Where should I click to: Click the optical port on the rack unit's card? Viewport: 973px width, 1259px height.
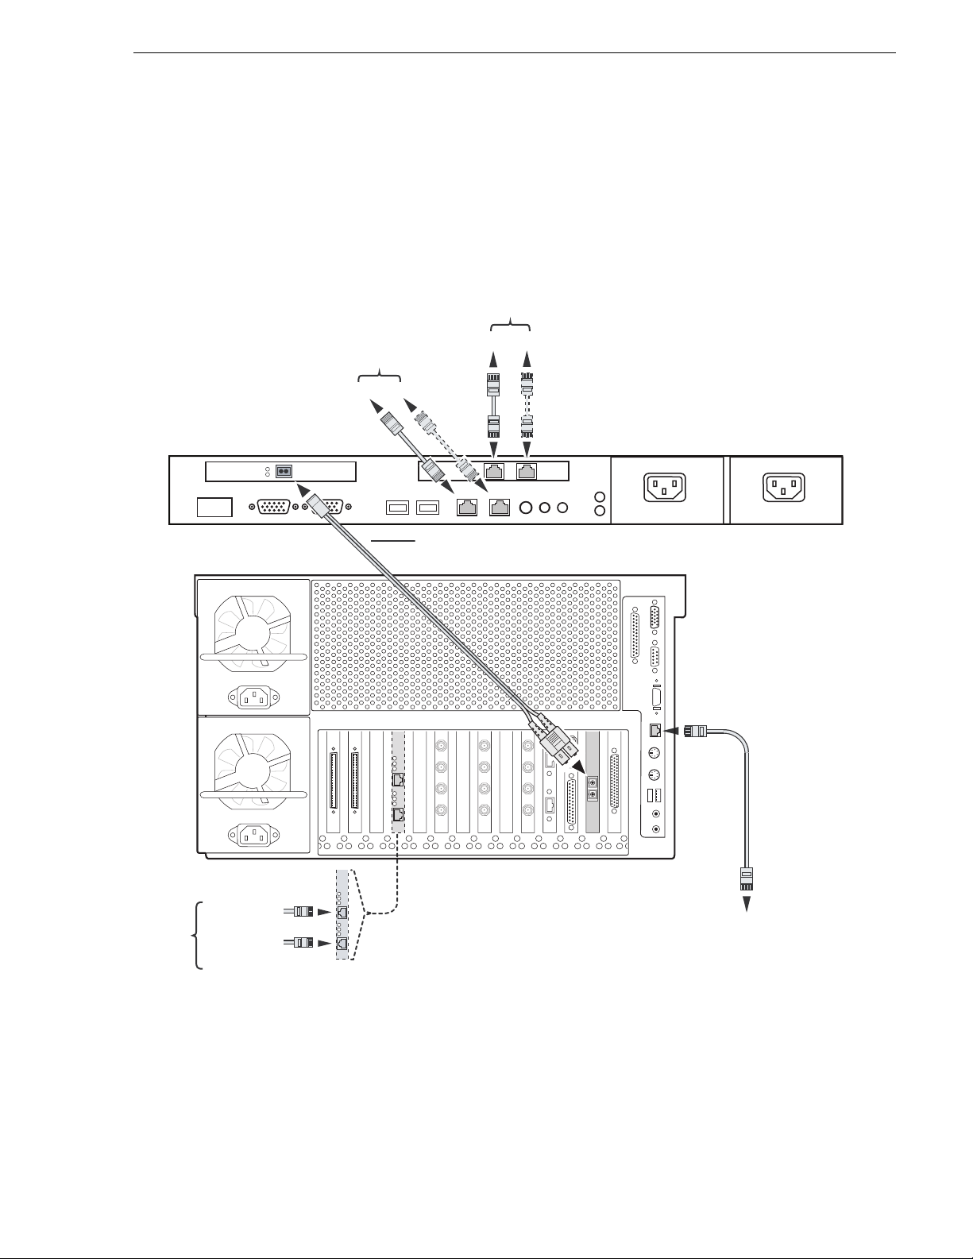pos(283,472)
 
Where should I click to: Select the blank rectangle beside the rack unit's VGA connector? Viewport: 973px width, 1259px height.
pos(214,507)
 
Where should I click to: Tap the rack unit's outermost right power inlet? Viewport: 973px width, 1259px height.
pos(783,487)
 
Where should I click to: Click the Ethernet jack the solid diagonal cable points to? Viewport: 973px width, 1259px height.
pos(467,506)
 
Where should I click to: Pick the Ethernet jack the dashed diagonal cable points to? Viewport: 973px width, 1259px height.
pos(500,506)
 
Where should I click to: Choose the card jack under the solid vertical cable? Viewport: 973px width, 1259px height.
pos(493,472)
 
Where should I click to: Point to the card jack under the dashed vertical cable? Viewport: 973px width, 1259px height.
pos(526,472)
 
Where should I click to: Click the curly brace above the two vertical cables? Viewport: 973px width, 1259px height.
pos(510,325)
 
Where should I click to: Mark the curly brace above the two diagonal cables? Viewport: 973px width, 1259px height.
pos(380,375)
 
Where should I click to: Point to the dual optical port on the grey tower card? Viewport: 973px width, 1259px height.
pos(592,786)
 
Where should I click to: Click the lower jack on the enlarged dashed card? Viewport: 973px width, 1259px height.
pos(342,943)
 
